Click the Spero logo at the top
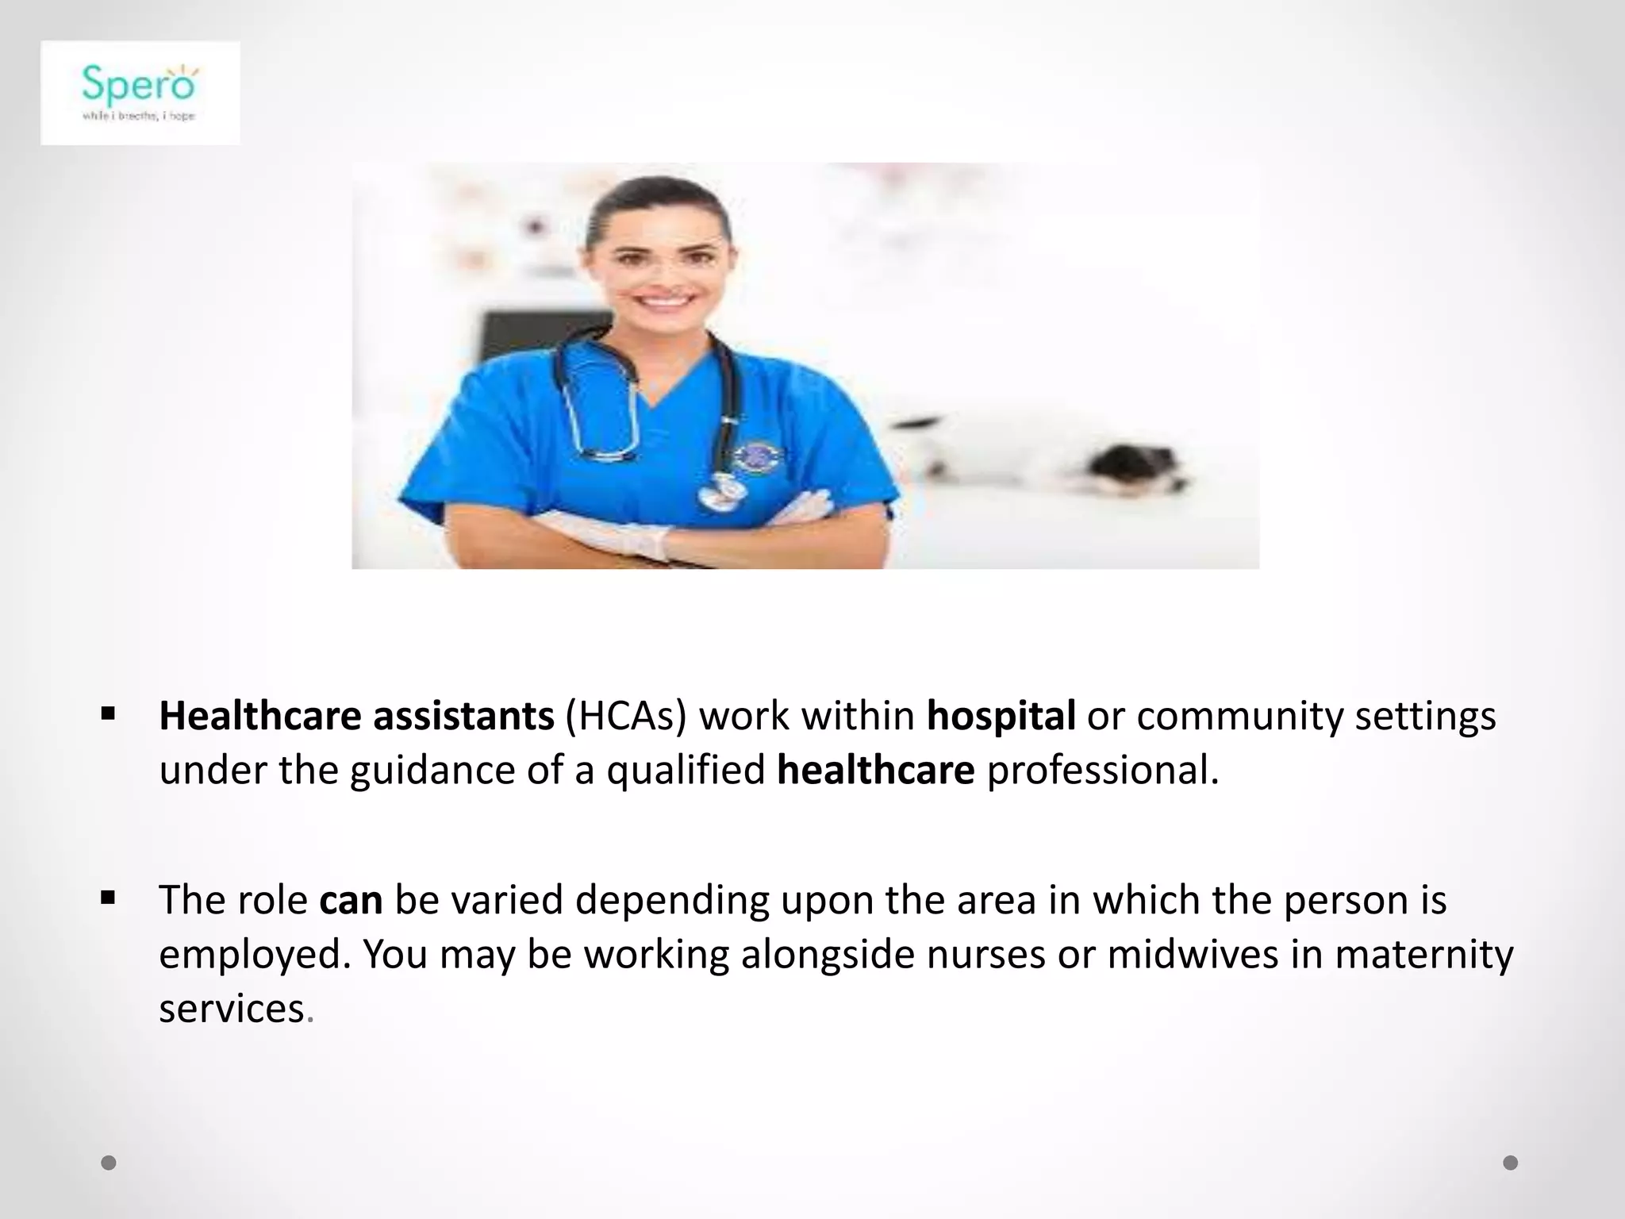coord(140,92)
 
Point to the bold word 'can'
coord(351,899)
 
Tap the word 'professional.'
coord(1102,770)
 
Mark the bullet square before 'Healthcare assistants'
coord(109,713)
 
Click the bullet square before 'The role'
coord(109,898)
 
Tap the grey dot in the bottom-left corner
coord(109,1163)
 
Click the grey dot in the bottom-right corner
coord(1511,1163)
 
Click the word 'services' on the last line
coord(232,1008)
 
